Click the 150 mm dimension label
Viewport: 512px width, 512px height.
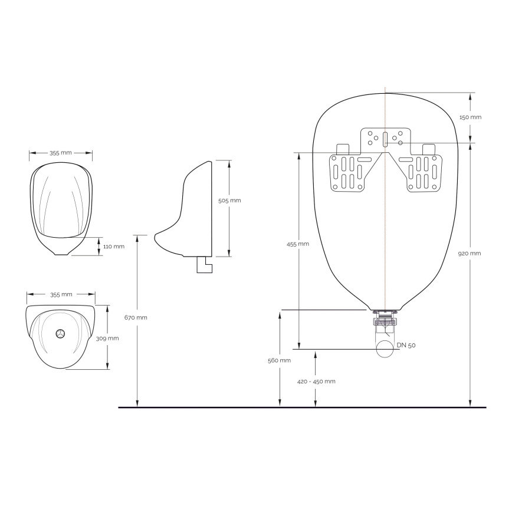(470, 117)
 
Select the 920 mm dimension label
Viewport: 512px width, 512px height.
(470, 254)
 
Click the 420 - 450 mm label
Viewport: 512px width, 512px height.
(316, 381)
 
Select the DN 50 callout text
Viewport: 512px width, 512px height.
(407, 346)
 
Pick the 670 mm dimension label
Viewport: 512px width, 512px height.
(137, 317)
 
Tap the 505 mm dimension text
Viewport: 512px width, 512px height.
(229, 201)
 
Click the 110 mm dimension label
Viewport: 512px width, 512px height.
(114, 247)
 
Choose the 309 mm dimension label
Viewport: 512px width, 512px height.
(109, 339)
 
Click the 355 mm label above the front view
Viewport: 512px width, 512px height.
(60, 153)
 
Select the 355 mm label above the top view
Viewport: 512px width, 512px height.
(61, 294)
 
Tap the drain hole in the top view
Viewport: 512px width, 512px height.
(60, 334)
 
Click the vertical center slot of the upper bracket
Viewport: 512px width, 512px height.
(385, 139)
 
